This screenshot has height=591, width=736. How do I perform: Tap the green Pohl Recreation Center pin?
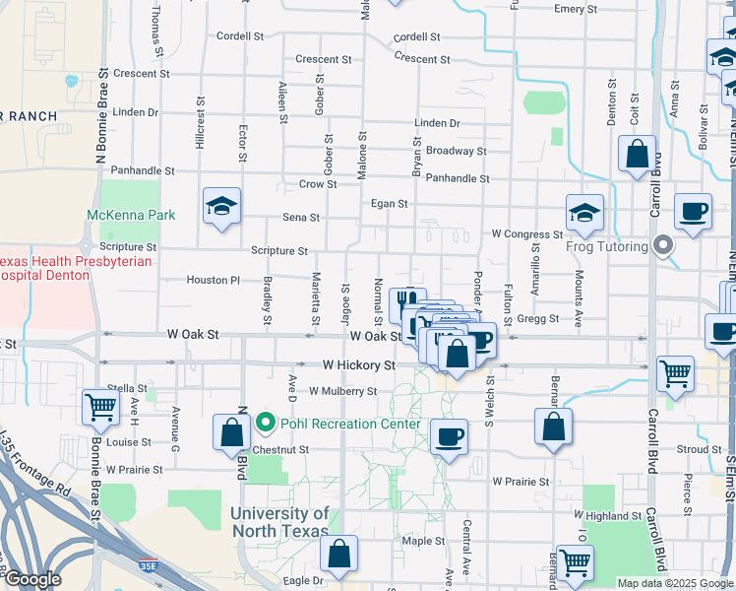click(265, 424)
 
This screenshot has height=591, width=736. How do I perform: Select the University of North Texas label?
click(280, 522)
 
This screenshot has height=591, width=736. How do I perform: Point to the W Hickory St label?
click(358, 365)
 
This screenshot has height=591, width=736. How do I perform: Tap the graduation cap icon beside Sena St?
click(221, 206)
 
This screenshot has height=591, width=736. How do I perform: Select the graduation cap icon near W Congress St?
click(583, 213)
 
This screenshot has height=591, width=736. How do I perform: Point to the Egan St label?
click(390, 204)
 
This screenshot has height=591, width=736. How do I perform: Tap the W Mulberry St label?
click(342, 391)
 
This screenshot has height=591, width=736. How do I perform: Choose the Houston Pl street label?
click(214, 281)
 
